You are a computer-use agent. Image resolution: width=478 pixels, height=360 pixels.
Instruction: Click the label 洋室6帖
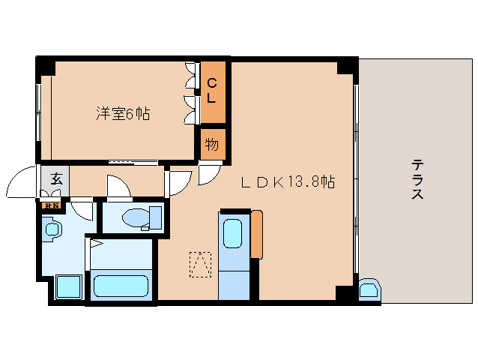pyautogui.click(x=123, y=114)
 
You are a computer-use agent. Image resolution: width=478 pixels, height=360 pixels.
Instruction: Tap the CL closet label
pyautogui.click(x=212, y=91)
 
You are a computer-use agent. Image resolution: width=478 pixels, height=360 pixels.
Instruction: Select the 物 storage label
pyautogui.click(x=212, y=143)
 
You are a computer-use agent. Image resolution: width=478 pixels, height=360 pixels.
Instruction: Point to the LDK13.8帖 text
pyautogui.click(x=287, y=181)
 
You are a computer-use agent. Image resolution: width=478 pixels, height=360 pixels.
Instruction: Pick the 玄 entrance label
pyautogui.click(x=56, y=178)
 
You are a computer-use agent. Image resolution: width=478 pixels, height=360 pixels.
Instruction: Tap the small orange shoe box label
pyautogui.click(x=52, y=205)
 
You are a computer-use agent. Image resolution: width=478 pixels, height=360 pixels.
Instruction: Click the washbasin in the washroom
pyautogui.click(x=52, y=229)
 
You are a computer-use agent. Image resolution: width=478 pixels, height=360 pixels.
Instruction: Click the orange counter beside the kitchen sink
pyautogui.click(x=257, y=234)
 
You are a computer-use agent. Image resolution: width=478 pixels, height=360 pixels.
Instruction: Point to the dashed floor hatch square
pyautogui.click(x=200, y=263)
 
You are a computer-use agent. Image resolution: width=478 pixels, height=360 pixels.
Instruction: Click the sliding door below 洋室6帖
pyautogui.click(x=133, y=161)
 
